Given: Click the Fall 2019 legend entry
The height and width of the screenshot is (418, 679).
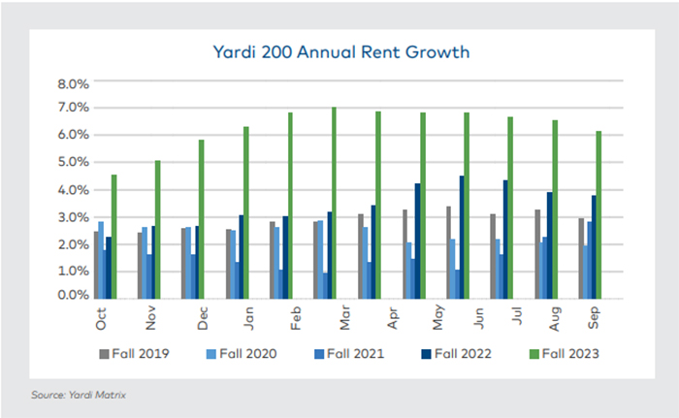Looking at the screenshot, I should (x=140, y=353).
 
